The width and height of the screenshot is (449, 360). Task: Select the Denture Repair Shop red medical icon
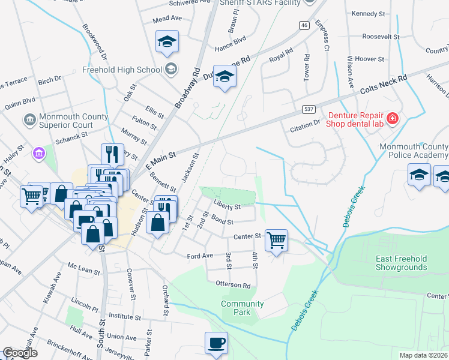coord(393,119)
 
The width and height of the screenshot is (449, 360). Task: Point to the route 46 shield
coord(305,25)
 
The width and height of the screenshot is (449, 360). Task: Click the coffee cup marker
coord(217,343)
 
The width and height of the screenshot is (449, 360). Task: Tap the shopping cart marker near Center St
coord(276,241)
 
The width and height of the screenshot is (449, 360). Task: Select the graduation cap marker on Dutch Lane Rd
coord(225,77)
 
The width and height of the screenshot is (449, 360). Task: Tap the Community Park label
coord(243,308)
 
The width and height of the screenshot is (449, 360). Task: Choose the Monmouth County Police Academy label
coord(414,151)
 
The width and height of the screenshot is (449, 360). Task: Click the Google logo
coord(19,353)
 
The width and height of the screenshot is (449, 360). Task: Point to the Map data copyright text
coord(423,355)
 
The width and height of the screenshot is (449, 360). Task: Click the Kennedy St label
coord(368,13)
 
